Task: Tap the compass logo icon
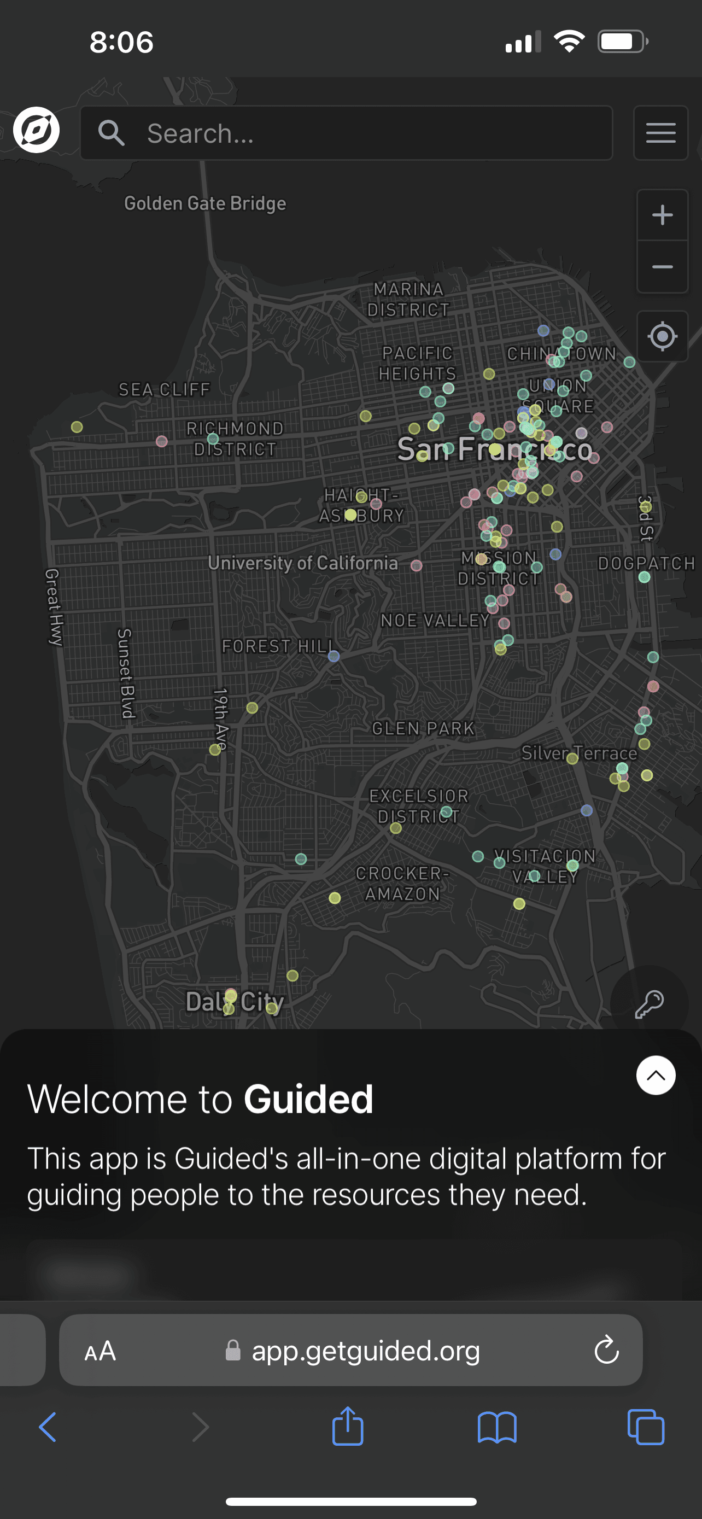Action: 37,130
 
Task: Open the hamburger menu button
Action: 661,133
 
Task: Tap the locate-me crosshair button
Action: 662,337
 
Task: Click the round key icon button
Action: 649,1004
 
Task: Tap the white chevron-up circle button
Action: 656,1076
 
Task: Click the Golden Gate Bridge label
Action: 205,203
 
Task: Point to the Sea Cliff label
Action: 165,390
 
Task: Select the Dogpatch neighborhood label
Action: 646,564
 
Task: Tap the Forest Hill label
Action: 278,646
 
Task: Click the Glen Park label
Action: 423,729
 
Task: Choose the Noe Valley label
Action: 435,620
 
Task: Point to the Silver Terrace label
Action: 579,753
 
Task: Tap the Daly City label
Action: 235,1002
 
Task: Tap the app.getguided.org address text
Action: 365,1351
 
